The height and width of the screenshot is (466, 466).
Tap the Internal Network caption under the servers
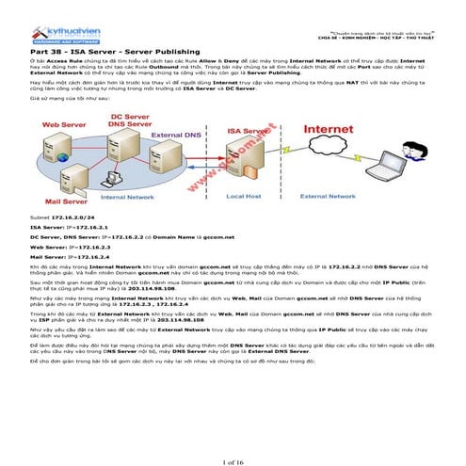(x=128, y=198)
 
